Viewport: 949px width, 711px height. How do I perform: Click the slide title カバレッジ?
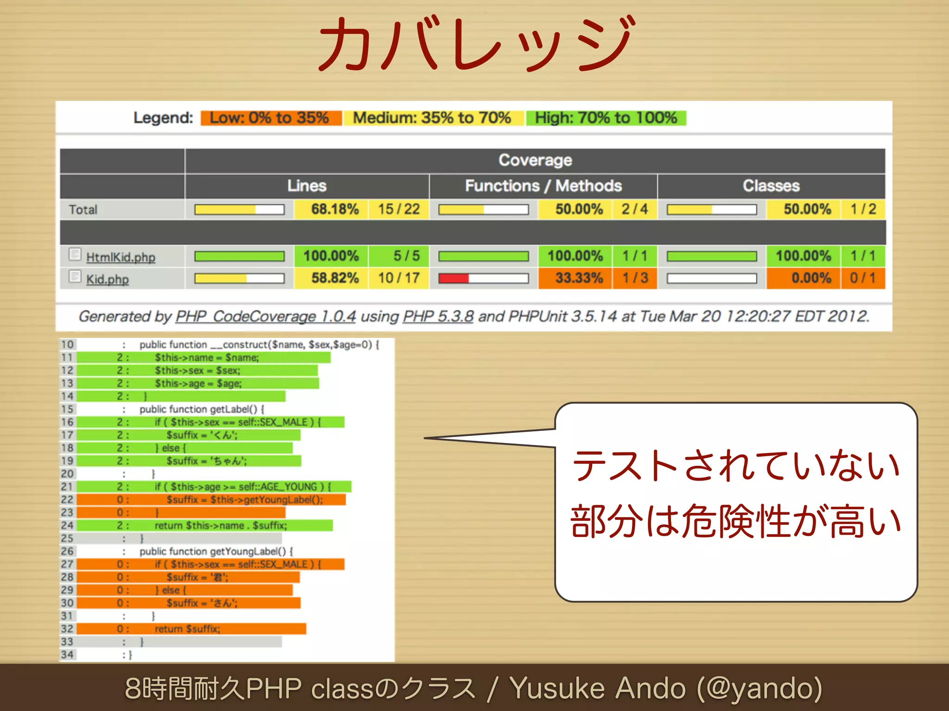(475, 44)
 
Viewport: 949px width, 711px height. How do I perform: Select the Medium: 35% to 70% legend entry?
(432, 118)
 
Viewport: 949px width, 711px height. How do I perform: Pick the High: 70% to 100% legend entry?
(606, 118)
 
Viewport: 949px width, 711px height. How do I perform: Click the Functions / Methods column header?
(543, 186)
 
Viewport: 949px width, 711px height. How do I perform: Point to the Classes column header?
(771, 186)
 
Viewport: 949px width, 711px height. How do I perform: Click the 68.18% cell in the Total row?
(335, 209)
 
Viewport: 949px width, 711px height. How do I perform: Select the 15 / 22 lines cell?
(399, 209)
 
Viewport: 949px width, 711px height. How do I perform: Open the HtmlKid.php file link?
(120, 257)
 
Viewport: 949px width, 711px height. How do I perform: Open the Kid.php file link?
(107, 279)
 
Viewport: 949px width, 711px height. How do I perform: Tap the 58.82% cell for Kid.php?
(335, 278)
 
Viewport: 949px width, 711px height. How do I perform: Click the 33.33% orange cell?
(579, 278)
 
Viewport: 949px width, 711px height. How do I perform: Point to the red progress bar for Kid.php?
(454, 278)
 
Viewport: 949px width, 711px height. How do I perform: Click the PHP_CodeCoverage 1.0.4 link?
(265, 317)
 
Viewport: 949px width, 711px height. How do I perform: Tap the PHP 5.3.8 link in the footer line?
(438, 317)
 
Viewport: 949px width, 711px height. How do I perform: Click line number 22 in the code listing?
(67, 500)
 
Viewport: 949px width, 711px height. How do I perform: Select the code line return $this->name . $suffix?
(221, 526)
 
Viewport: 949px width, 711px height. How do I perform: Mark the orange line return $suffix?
(187, 629)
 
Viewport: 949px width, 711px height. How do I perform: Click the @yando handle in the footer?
(760, 688)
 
